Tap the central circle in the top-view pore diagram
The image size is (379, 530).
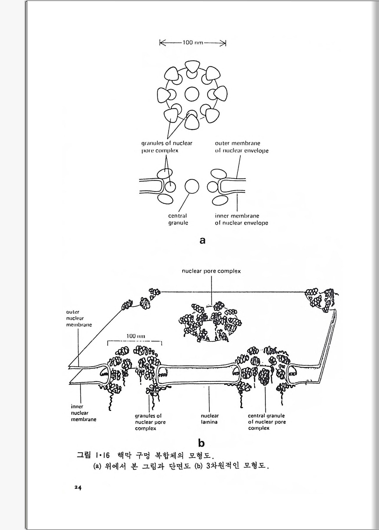192,94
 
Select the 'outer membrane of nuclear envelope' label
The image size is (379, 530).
241,147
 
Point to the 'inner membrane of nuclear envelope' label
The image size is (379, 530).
241,219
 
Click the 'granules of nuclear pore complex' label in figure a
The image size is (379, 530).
167,147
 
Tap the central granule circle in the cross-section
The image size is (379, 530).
192,186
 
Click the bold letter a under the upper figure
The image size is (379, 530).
202,240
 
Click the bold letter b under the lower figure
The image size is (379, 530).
201,443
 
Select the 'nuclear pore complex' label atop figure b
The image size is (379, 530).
211,271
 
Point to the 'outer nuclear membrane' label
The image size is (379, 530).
79,318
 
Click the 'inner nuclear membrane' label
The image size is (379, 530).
83,413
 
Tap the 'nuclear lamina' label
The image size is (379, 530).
209,419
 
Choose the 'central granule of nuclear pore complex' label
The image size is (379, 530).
266,422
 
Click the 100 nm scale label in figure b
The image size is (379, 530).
136,336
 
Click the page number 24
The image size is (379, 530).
78,487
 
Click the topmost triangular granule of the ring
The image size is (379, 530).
192,67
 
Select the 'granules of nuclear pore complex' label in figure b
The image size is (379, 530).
150,422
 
